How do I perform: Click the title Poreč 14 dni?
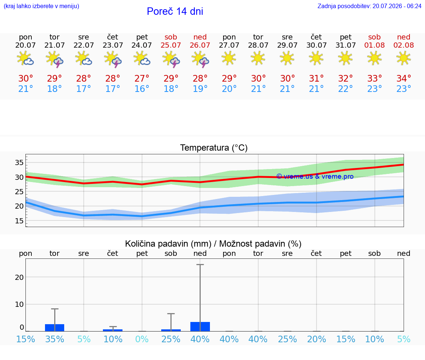click(175, 11)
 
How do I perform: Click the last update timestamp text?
click(369, 6)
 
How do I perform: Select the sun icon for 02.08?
click(404, 58)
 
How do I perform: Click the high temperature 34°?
click(404, 78)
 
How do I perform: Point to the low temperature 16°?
click(142, 89)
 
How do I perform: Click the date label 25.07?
click(171, 45)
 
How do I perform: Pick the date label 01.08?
click(374, 45)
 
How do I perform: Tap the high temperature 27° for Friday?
click(142, 78)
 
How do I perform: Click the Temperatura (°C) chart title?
click(214, 148)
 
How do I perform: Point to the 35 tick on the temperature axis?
click(19, 163)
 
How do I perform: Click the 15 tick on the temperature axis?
click(19, 221)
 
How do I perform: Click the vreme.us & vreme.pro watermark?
click(315, 176)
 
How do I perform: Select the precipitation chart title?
click(213, 244)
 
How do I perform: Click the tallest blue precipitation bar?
click(200, 327)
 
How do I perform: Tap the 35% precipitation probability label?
click(55, 339)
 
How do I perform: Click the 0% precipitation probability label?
click(142, 339)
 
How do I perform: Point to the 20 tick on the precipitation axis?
click(19, 277)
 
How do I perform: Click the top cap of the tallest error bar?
click(200, 264)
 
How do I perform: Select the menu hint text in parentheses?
click(41, 6)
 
